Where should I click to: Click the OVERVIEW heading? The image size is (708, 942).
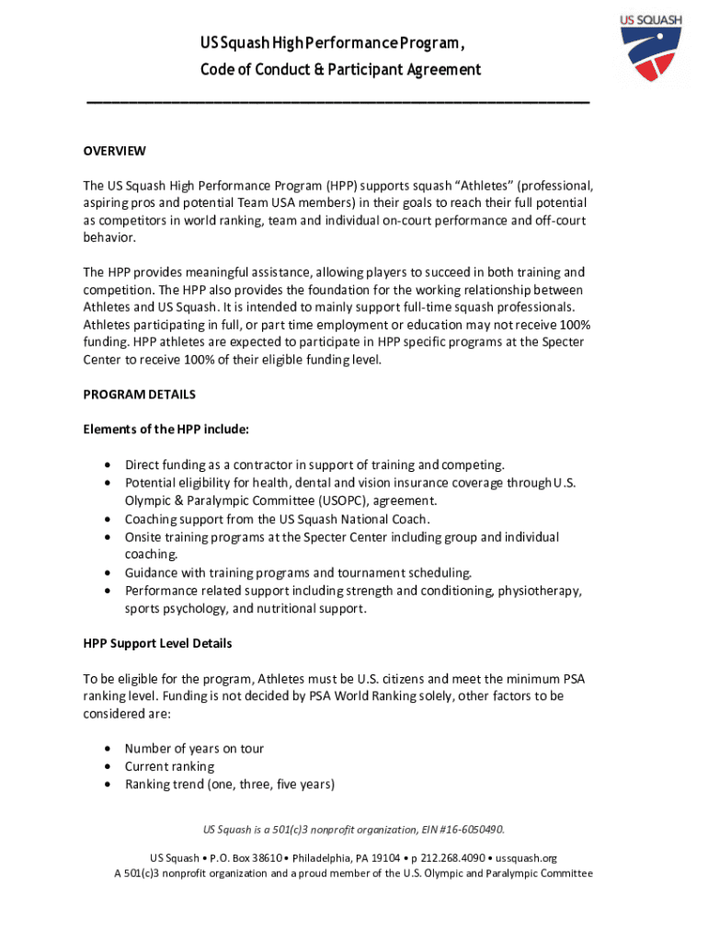[x=114, y=150]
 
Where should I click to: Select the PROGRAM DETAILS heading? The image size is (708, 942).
[x=139, y=395]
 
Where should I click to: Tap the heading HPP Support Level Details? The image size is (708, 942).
[x=157, y=643]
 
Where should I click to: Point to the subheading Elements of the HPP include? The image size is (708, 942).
[x=166, y=429]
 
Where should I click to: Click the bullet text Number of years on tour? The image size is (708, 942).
[x=194, y=749]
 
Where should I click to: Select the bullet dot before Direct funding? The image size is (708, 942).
[x=109, y=465]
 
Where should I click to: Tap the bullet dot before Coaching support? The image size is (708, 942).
[x=109, y=519]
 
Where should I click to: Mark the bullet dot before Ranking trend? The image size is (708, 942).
[x=109, y=785]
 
